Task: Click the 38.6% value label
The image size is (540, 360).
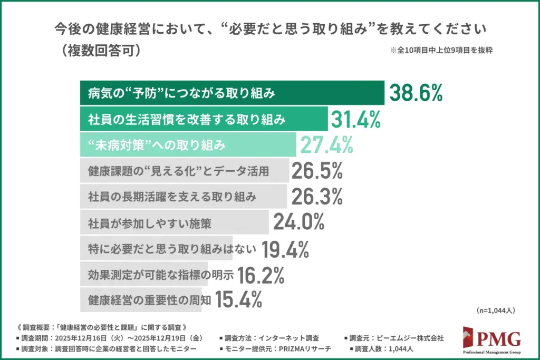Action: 415,94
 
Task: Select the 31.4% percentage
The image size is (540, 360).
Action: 356,119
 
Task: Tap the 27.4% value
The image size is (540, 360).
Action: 326,144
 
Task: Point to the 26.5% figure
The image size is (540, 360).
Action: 317,171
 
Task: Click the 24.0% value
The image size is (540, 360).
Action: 298,223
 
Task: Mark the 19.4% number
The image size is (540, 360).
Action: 285,249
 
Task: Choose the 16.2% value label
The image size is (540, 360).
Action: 261,274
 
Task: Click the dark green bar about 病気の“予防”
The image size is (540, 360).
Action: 232,94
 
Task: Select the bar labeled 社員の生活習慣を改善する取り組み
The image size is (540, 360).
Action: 204,119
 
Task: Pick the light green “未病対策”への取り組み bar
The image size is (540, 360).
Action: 188,144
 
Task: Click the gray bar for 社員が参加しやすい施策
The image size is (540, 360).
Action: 174,223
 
